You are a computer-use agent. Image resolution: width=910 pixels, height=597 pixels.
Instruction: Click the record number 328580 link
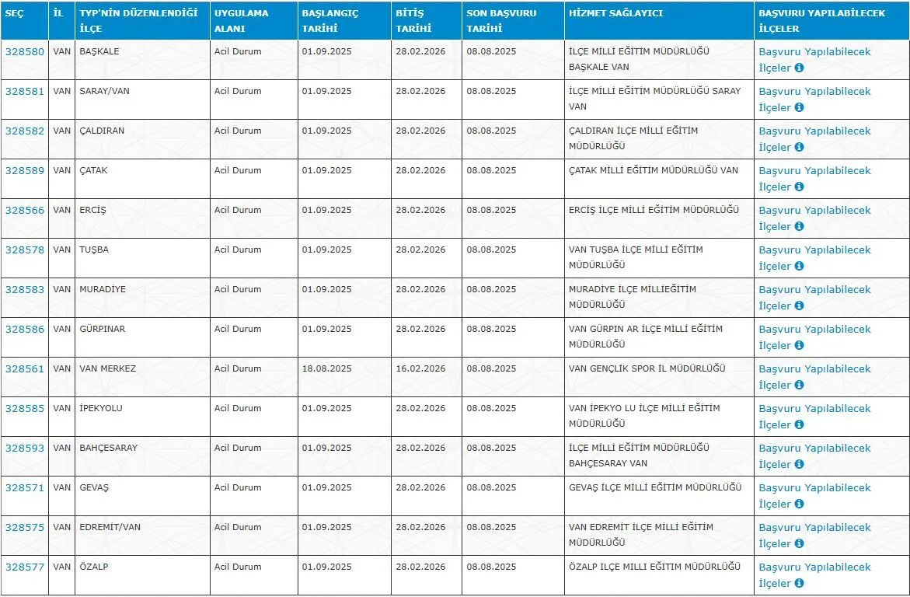[25, 52]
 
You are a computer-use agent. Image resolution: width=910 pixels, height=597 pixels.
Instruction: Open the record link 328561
[25, 369]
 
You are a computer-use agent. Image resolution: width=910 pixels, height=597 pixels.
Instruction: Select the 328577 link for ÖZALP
[25, 567]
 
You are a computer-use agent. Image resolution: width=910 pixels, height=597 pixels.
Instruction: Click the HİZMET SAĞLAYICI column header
[616, 13]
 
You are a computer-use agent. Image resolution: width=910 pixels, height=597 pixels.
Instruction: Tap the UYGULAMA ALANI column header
[242, 20]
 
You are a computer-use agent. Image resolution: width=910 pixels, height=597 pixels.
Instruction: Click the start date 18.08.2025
[326, 369]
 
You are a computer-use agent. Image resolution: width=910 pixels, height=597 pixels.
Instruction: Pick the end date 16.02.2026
[420, 369]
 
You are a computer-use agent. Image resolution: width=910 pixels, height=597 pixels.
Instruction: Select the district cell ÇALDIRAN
[102, 131]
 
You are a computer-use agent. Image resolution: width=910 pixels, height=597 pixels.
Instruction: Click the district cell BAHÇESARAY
[108, 449]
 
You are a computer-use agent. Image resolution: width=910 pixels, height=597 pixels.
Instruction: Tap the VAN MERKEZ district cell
[107, 369]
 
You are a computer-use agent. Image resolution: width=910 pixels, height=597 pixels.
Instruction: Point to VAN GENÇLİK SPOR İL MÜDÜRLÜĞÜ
[647, 369]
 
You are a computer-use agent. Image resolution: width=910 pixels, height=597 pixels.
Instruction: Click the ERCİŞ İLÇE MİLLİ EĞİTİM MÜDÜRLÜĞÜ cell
[654, 211]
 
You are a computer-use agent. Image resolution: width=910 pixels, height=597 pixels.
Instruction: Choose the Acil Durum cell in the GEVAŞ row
[238, 488]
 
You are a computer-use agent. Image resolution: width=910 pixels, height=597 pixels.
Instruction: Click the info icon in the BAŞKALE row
[799, 68]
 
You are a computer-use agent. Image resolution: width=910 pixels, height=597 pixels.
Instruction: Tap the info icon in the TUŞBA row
[799, 267]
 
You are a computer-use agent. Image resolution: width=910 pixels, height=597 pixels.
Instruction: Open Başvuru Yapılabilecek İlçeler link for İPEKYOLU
[814, 417]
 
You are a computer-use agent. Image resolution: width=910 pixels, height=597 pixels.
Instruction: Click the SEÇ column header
[15, 13]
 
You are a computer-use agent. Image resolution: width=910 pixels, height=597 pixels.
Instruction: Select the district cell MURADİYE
[103, 290]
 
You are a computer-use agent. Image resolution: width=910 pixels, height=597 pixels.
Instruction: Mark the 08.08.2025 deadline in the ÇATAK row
[491, 171]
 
